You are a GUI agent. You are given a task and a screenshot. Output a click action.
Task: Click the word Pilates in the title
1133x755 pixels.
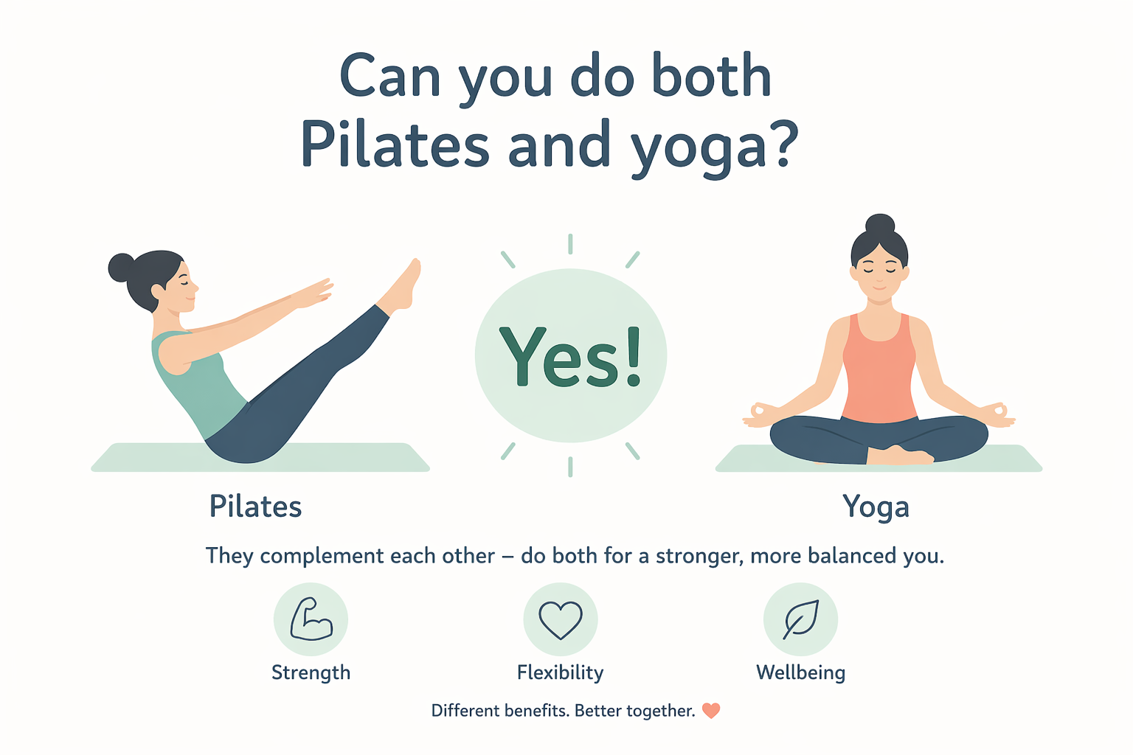pyautogui.click(x=395, y=145)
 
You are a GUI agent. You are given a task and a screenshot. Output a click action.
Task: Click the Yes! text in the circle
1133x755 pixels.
pyautogui.click(x=571, y=357)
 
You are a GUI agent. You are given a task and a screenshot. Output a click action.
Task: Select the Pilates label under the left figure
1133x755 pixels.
pyautogui.click(x=255, y=507)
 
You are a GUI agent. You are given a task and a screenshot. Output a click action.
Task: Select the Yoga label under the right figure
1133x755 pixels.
pyautogui.click(x=876, y=507)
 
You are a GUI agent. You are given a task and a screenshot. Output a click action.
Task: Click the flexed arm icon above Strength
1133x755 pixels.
pyautogui.click(x=311, y=619)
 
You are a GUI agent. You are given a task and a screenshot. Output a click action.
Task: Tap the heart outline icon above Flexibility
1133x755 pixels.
pyautogui.click(x=561, y=619)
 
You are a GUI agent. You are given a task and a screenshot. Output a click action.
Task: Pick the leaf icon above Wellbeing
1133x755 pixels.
pyautogui.click(x=800, y=619)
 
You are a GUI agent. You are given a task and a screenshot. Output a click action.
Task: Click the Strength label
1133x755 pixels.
pyautogui.click(x=311, y=672)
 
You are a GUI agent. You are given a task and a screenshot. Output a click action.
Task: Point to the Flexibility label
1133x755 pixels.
pyautogui.click(x=561, y=672)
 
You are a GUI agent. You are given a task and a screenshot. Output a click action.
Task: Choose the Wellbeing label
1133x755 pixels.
pyautogui.click(x=800, y=672)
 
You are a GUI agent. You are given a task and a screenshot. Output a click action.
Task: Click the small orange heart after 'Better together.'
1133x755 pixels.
pyautogui.click(x=711, y=711)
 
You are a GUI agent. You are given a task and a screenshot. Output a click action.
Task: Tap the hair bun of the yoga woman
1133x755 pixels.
pyautogui.click(x=879, y=224)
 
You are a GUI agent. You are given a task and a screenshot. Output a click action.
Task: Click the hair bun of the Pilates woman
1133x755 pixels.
pyautogui.click(x=121, y=268)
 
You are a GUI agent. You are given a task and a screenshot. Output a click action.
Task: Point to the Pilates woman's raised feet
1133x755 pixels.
pyautogui.click(x=404, y=284)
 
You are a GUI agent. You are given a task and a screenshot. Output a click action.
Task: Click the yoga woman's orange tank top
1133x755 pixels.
pyautogui.click(x=879, y=372)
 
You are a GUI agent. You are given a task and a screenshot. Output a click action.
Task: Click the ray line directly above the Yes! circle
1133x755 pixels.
pyautogui.click(x=570, y=244)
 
